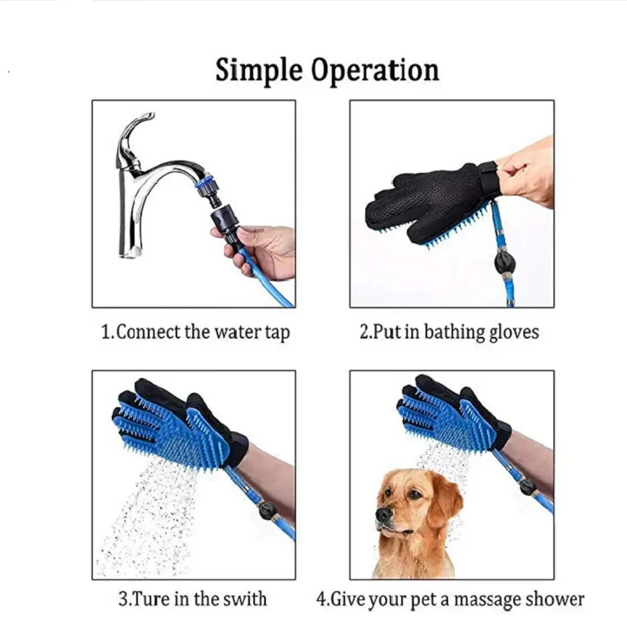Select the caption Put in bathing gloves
coord(450,332)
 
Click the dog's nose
coord(383,516)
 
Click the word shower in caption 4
coord(556,599)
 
